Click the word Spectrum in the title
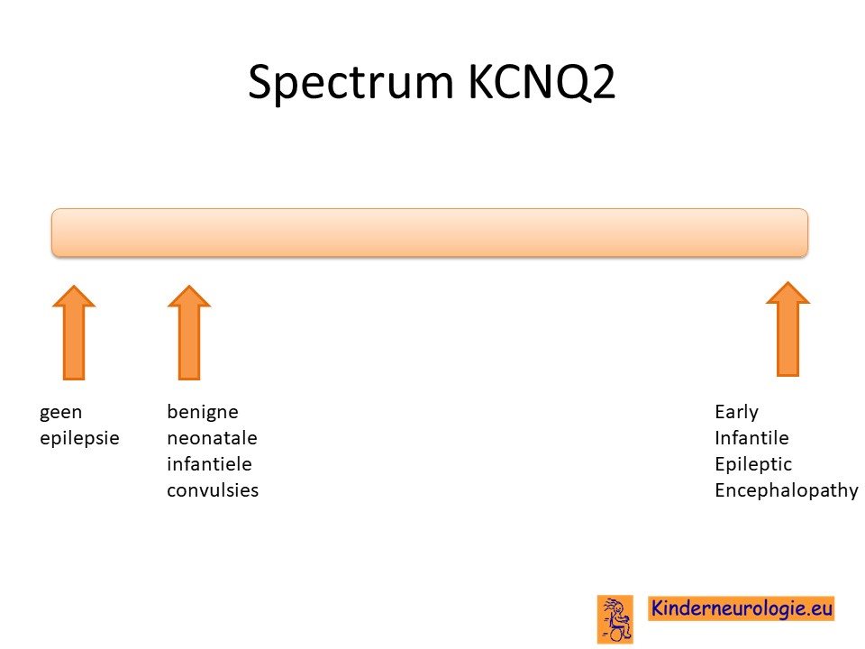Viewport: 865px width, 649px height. tap(351, 83)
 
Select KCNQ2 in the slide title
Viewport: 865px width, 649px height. tap(542, 82)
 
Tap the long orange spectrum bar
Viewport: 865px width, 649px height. tap(430, 233)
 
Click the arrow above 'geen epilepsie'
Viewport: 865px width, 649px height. tap(74, 333)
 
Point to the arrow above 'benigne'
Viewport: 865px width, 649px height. tap(189, 333)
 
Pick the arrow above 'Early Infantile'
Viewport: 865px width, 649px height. tap(788, 330)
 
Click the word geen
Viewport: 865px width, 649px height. tap(60, 412)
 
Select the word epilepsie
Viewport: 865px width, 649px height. tap(79, 438)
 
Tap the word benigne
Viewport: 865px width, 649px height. tap(203, 412)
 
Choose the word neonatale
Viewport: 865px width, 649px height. tap(212, 438)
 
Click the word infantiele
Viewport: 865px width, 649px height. tap(209, 463)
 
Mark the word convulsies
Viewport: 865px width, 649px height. tap(213, 490)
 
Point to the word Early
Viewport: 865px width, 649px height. tap(736, 412)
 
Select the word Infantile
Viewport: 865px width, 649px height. tap(751, 438)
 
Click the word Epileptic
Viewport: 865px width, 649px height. tap(753, 464)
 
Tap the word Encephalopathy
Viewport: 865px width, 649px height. tap(786, 490)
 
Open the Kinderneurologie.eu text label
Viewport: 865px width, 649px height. tap(741, 608)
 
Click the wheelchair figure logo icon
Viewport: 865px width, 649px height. tap(615, 619)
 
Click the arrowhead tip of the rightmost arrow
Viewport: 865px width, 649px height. tap(788, 282)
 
